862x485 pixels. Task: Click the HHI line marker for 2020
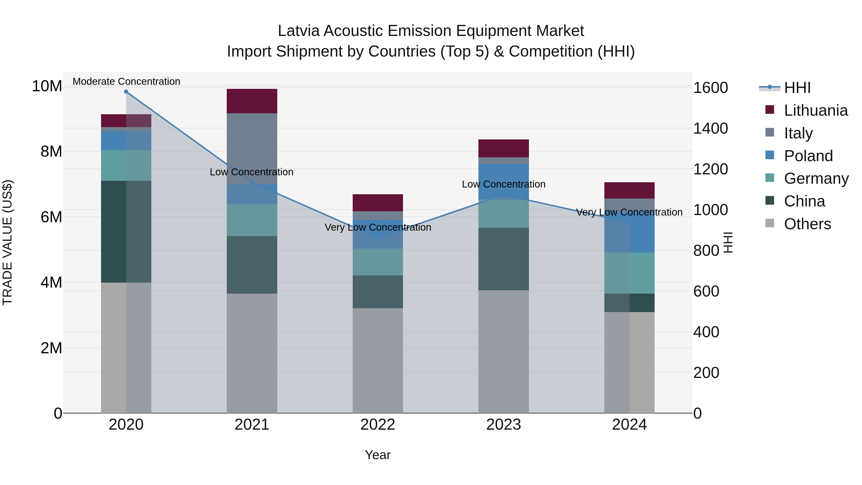point(126,92)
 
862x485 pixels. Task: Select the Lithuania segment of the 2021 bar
point(252,101)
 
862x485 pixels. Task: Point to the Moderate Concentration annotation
point(126,81)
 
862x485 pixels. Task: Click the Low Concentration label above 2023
point(503,184)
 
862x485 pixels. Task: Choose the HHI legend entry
point(797,88)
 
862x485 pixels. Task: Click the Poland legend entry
point(808,156)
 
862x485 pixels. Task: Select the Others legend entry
point(807,224)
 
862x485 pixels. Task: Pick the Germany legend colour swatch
point(770,178)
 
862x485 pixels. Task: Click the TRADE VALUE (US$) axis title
point(7,242)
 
